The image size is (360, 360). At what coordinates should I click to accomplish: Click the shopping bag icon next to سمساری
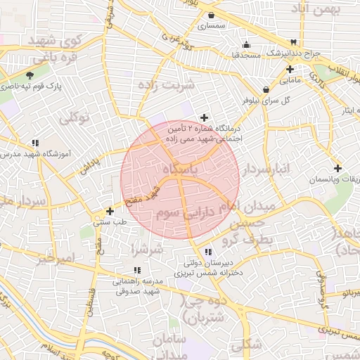[x=212, y=14]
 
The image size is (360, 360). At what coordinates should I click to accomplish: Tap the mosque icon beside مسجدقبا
[x=245, y=44]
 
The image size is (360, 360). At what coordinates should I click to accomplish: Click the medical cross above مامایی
[x=290, y=69]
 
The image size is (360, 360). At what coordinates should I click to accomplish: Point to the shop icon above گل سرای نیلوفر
[x=266, y=89]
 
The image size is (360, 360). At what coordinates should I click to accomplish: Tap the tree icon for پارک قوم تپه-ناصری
[x=30, y=75]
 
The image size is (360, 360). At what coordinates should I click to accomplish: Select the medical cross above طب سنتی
[x=109, y=211]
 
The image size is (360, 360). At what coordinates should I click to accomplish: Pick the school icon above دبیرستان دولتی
[x=208, y=252]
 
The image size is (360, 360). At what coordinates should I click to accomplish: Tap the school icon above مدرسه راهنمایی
[x=137, y=270]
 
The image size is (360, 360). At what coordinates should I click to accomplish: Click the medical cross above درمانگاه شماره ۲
[x=205, y=117]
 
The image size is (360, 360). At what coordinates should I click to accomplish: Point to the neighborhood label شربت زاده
[x=166, y=85]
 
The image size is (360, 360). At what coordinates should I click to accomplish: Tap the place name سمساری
[x=211, y=25]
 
